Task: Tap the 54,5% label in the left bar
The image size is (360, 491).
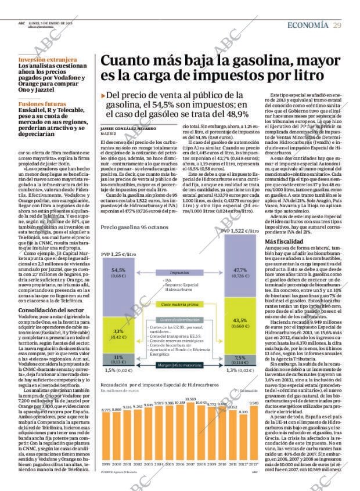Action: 118,270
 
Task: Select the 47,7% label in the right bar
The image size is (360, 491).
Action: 240,270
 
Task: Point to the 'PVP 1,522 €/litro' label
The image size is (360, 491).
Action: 240,231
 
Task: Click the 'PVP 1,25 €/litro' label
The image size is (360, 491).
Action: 118,254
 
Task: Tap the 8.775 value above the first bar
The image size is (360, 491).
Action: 106,410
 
